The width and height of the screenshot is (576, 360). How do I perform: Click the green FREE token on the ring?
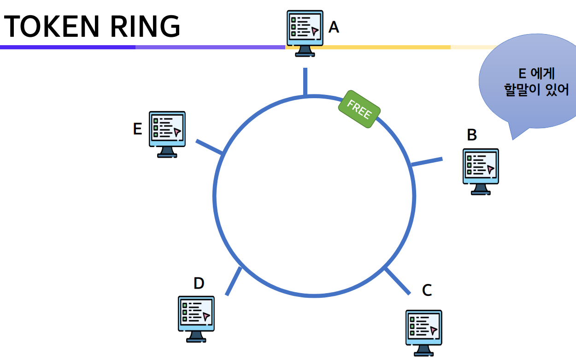coord(359,109)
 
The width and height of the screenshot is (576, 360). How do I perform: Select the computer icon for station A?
coord(305,32)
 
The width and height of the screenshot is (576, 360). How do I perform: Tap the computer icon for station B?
coord(481,171)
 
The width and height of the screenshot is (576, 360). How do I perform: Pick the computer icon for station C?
coord(423,332)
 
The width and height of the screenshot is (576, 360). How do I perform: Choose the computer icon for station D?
coord(196,318)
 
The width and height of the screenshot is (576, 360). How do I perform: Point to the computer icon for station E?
coord(167,133)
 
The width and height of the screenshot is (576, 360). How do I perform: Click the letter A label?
coord(334,28)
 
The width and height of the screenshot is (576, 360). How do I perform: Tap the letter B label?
coord(471,135)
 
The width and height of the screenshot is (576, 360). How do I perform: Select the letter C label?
coord(427,290)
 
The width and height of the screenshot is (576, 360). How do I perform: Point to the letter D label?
coord(199,283)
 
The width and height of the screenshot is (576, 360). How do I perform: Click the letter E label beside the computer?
coord(137,129)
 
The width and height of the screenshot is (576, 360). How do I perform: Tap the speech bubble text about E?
coord(536,82)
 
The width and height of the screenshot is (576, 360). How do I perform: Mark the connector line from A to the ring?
coord(305,82)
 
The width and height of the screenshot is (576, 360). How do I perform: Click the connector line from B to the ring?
coord(427,162)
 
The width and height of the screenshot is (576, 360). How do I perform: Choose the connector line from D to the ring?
coord(234,281)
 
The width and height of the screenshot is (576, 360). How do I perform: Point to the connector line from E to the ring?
coord(210,147)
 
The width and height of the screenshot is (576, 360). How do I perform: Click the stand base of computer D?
coord(196,340)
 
